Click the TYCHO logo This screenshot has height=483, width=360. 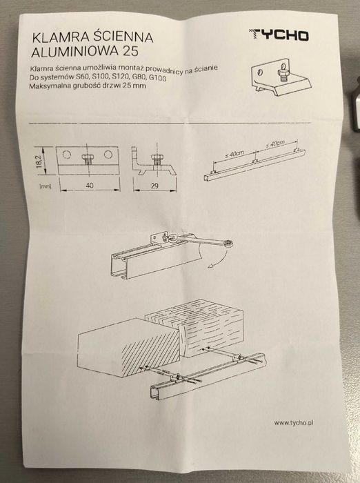coord(279,35)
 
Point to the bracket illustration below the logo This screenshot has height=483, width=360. coord(281,72)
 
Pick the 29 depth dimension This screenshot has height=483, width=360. coord(155,186)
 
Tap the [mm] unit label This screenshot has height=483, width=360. coord(46,185)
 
